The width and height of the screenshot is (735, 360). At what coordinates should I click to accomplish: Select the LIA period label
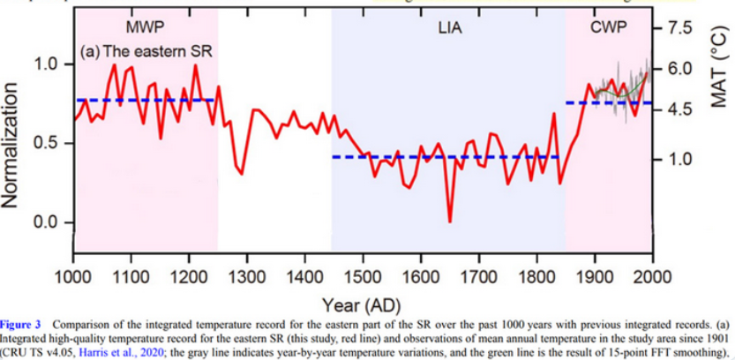(x=450, y=27)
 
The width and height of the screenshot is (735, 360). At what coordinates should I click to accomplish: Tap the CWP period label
(x=609, y=27)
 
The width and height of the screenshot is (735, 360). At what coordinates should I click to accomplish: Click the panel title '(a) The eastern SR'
(x=146, y=52)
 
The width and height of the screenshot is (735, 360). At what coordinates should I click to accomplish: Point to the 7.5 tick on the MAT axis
(x=683, y=28)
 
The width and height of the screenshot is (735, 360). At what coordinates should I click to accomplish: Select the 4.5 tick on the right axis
(x=683, y=109)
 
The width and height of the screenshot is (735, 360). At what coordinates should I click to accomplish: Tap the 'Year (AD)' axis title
(x=363, y=306)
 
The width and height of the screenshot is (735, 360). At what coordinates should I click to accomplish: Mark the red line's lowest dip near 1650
(x=450, y=221)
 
